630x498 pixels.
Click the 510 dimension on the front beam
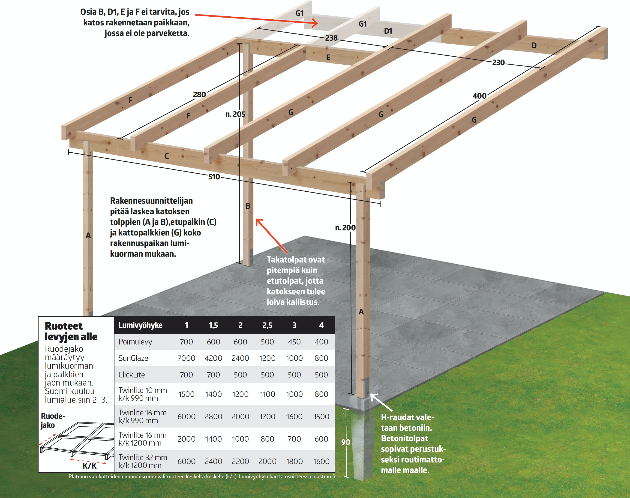[214, 177]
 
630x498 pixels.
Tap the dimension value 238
[331, 38]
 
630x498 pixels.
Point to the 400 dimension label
[479, 96]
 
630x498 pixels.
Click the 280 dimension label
[199, 94]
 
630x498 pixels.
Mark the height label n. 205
[235, 114]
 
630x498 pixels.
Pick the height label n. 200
[345, 228]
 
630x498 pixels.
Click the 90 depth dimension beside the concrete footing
[346, 442]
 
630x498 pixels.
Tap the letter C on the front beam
[166, 156]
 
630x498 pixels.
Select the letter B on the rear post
[248, 206]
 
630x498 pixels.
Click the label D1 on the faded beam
[388, 31]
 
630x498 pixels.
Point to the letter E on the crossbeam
[328, 57]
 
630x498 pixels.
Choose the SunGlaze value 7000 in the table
[186, 358]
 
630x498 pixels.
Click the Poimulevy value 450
[294, 342]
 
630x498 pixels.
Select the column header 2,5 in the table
[267, 325]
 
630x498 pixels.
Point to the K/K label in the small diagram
[90, 466]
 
